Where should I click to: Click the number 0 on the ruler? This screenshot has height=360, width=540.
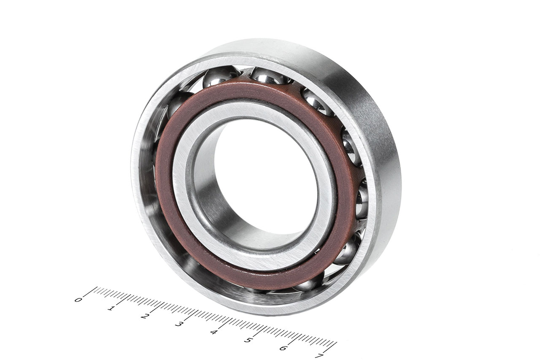pos(78,300)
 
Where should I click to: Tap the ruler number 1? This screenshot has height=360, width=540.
pos(111,308)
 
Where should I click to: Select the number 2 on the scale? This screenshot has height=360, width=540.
pos(144,316)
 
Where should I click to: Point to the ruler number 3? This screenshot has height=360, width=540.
pos(178,324)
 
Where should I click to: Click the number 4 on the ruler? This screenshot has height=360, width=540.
pos(213,332)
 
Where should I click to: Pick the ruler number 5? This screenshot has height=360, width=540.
pos(248,340)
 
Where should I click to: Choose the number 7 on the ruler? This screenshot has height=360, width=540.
pos(320,356)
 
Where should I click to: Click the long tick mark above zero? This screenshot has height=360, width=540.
pos(90,292)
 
